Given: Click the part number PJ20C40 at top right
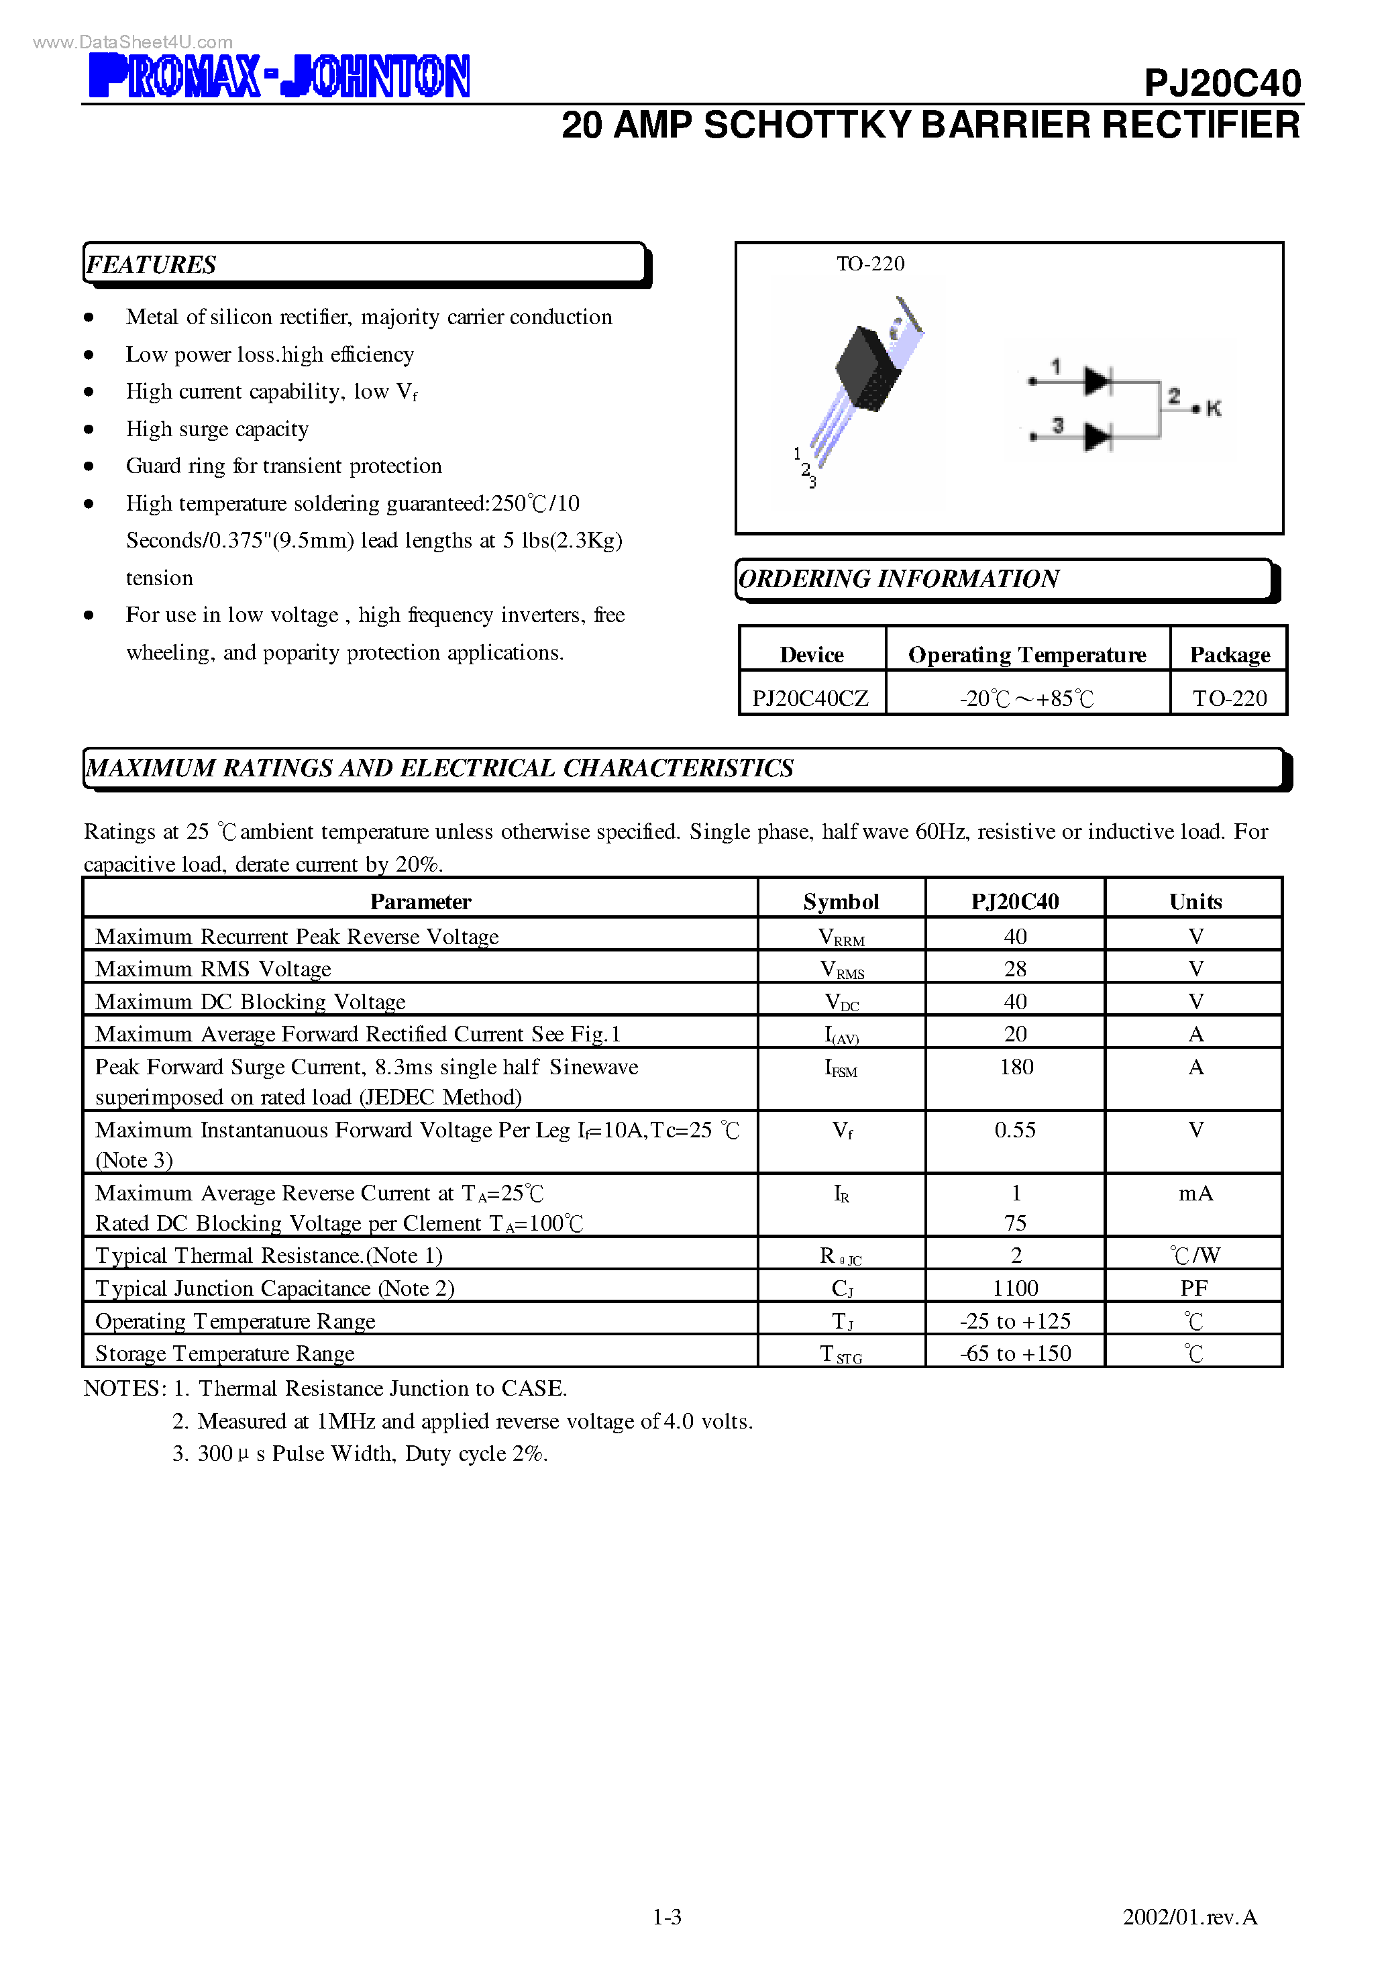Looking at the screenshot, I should (1221, 83).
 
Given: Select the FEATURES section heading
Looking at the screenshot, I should (151, 265).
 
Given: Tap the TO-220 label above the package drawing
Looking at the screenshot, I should (870, 264).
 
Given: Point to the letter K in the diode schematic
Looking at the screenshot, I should (1214, 409).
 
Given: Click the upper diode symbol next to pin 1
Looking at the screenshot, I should (1097, 381).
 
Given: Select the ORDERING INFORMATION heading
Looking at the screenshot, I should (898, 579).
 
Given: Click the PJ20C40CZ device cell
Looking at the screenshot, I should (810, 698).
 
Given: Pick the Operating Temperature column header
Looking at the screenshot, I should (1026, 655).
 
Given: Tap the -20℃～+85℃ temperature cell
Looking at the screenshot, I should (1026, 698).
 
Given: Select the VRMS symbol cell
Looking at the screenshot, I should (842, 970).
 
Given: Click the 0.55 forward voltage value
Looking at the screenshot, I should (1015, 1131).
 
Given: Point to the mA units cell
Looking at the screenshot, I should (1195, 1194).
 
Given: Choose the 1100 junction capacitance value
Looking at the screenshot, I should (1015, 1288).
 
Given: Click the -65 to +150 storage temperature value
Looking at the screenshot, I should (1015, 1353).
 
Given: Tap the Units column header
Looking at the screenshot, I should (1195, 902).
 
